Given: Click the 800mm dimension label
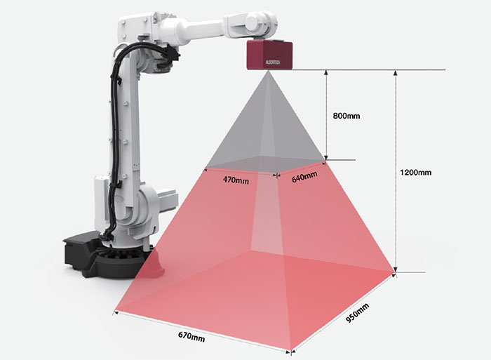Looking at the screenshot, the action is coord(347,116).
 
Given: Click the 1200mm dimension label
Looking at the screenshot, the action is coord(415,173).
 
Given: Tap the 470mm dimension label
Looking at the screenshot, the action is coord(236,180).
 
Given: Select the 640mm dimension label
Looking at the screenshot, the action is coord(304,177).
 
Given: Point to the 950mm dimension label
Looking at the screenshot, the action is coord(357,313).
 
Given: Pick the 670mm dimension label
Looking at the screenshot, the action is coord(191,337).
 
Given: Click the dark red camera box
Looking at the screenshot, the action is coord(269,55).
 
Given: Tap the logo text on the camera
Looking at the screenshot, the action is coord(273,62).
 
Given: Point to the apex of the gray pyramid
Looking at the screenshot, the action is coord(268,71).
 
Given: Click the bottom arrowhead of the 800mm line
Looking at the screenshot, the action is coord(326,158).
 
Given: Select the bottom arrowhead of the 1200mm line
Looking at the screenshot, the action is coord(396,269).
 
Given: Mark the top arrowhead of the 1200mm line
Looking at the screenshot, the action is coord(396,73).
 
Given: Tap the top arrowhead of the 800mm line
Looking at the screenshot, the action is coord(326,73).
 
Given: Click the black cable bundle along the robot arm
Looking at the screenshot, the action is coord(114,126).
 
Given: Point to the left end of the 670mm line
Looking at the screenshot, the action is coord(114,312).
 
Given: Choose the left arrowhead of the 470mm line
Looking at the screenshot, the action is coord(206,170).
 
